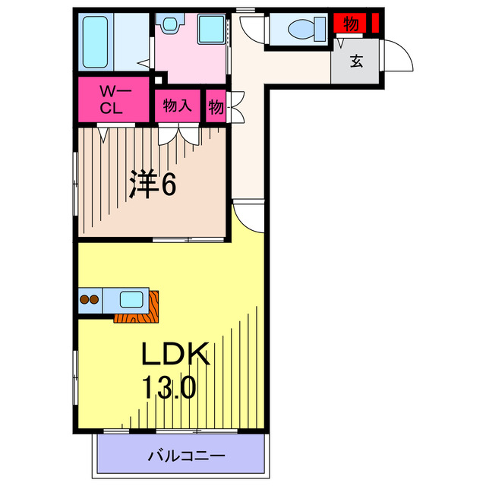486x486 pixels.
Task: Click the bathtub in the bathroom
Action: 95,42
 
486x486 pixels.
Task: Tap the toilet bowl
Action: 307,29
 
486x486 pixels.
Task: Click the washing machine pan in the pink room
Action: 211,29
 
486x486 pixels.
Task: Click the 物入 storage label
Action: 177,106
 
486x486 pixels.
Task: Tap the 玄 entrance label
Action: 357,61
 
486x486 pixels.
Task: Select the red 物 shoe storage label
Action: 351,24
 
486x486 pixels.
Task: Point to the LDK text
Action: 175,354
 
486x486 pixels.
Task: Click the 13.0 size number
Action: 169,387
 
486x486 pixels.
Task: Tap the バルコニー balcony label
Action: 186,456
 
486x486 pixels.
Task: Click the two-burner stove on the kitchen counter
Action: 90,300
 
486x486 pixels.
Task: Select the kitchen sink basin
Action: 131,299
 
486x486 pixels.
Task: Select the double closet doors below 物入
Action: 178,134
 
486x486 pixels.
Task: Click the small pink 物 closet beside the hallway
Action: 216,106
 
